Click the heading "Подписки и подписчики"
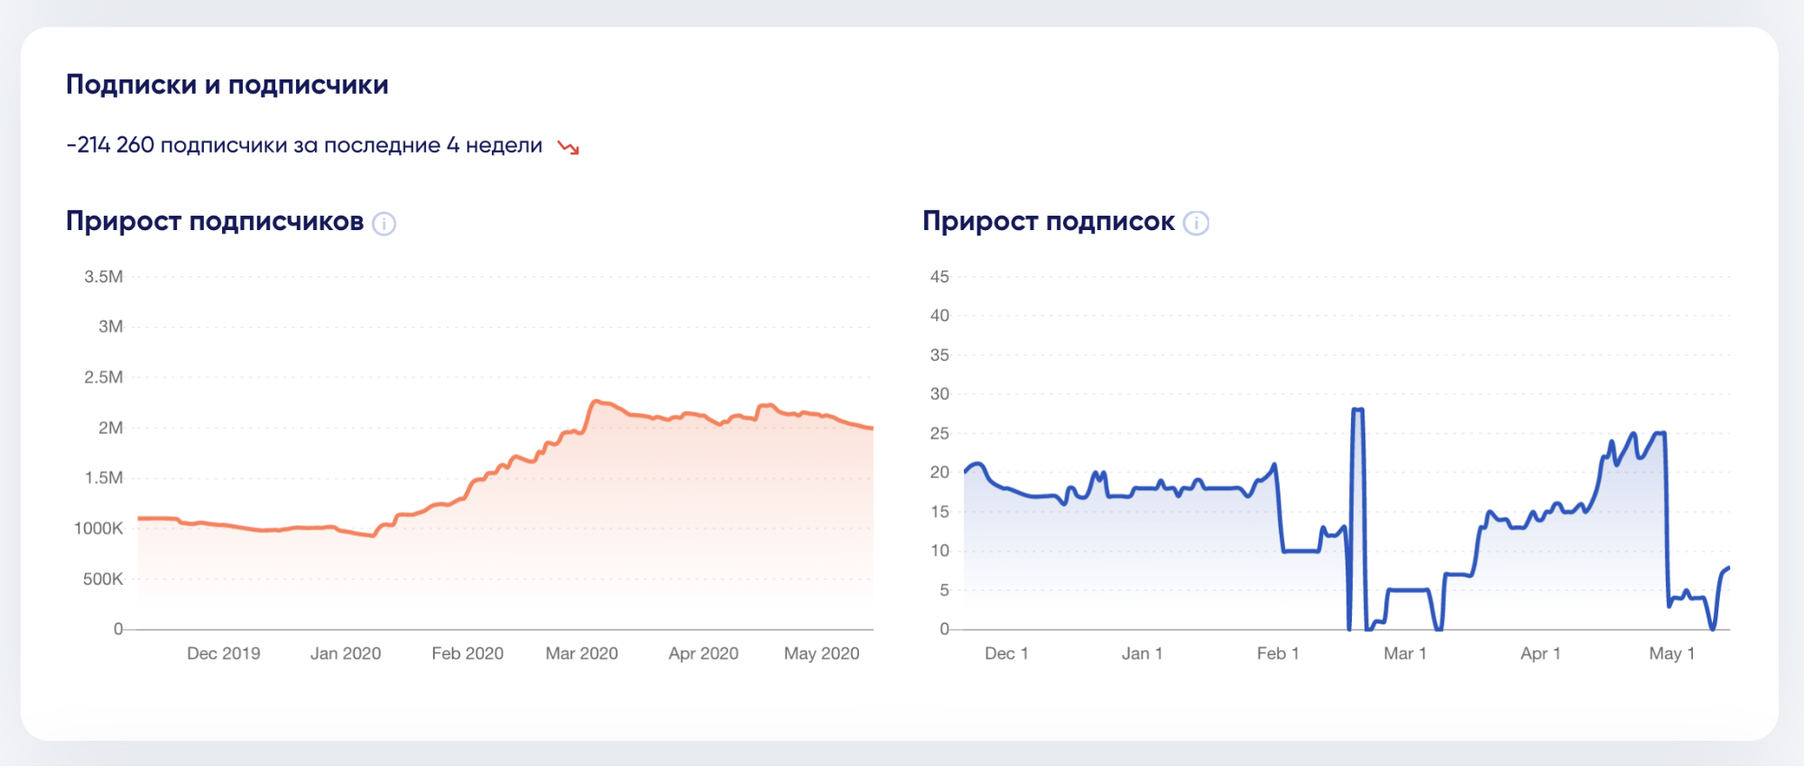tap(227, 85)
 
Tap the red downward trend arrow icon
tap(569, 147)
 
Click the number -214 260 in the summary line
tap(111, 145)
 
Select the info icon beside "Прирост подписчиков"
tap(384, 223)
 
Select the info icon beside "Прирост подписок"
tap(1196, 223)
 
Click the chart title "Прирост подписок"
tap(1048, 222)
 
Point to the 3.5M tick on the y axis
tap(104, 277)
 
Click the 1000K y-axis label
tap(98, 529)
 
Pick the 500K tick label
tap(103, 579)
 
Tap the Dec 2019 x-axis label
tap(223, 653)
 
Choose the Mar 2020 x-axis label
tap(581, 653)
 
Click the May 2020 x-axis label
tap(821, 653)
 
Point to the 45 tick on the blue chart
tap(939, 277)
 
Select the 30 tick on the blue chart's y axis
tap(939, 394)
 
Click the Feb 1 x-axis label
tap(1278, 653)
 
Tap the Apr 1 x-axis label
tap(1540, 653)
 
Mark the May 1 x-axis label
tap(1671, 653)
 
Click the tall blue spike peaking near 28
tap(1357, 411)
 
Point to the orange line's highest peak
tap(597, 402)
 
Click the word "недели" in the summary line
tap(504, 145)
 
